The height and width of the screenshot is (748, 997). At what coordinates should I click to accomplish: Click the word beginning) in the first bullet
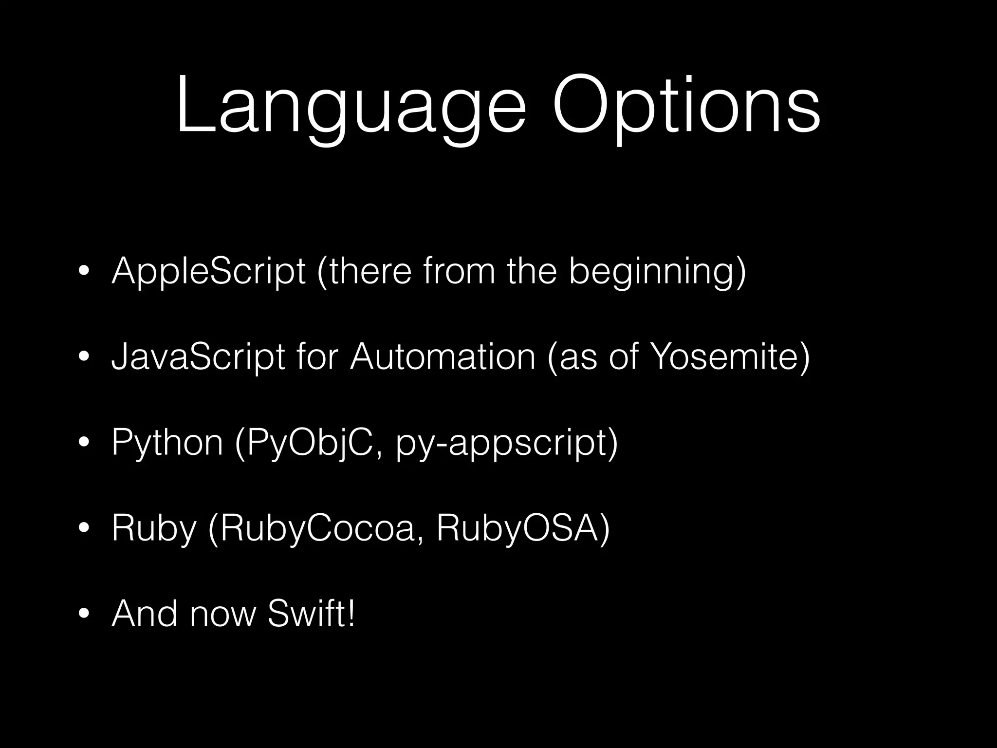[x=657, y=271]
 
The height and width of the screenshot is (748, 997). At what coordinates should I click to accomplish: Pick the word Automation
[x=443, y=357]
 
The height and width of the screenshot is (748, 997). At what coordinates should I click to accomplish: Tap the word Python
[x=167, y=443]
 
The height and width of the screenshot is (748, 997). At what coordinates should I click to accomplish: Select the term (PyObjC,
[x=308, y=443]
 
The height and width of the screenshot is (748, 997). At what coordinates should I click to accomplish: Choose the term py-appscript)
[x=507, y=443]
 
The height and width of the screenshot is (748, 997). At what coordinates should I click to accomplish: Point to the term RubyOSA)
[x=523, y=528]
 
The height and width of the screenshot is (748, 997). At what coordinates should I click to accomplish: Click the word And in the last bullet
[x=145, y=614]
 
